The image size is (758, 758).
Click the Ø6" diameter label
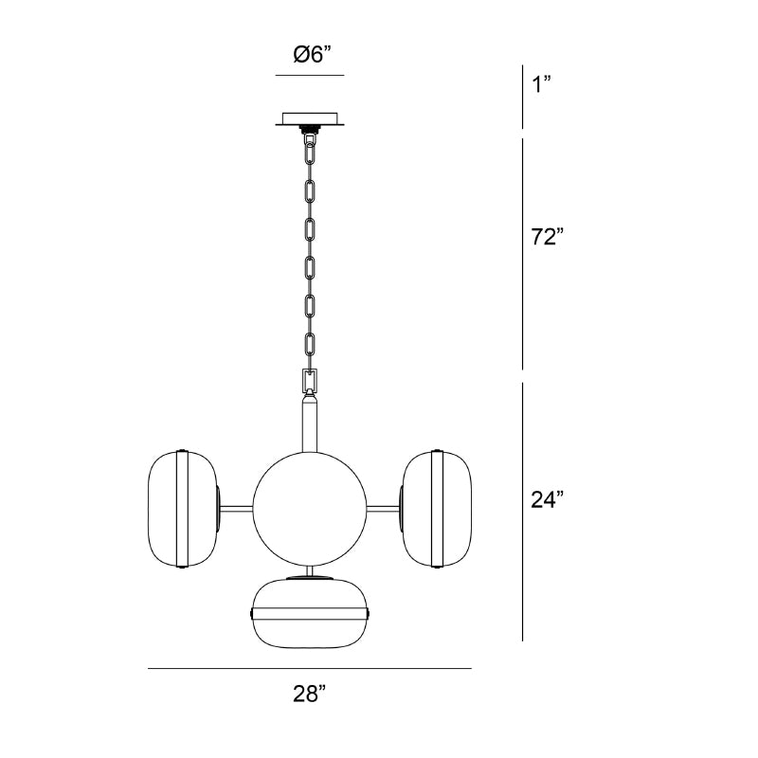tap(313, 54)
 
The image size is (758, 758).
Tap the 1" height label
tap(541, 84)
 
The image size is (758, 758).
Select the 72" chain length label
tap(548, 237)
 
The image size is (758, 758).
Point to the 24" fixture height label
tap(548, 499)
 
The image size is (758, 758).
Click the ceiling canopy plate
tap(311, 119)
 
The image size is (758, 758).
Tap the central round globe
tap(310, 509)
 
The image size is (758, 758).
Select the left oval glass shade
tap(182, 509)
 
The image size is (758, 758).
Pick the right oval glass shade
tap(437, 509)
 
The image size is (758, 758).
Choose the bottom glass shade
tap(310, 612)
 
